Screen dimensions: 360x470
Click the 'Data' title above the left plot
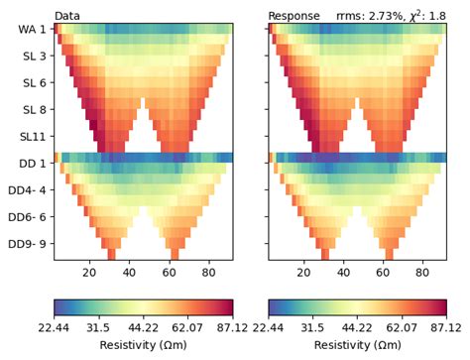pyautogui.click(x=67, y=16)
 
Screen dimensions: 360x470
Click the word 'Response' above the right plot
pyautogui.click(x=294, y=16)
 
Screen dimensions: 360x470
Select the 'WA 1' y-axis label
pyautogui.click(x=30, y=31)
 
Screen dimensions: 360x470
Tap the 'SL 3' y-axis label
pyautogui.click(x=33, y=57)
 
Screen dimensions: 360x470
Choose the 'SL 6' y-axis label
pyautogui.click(x=33, y=82)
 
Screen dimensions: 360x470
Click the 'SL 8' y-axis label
pyautogui.click(x=33, y=108)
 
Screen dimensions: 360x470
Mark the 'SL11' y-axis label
pyautogui.click(x=32, y=134)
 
